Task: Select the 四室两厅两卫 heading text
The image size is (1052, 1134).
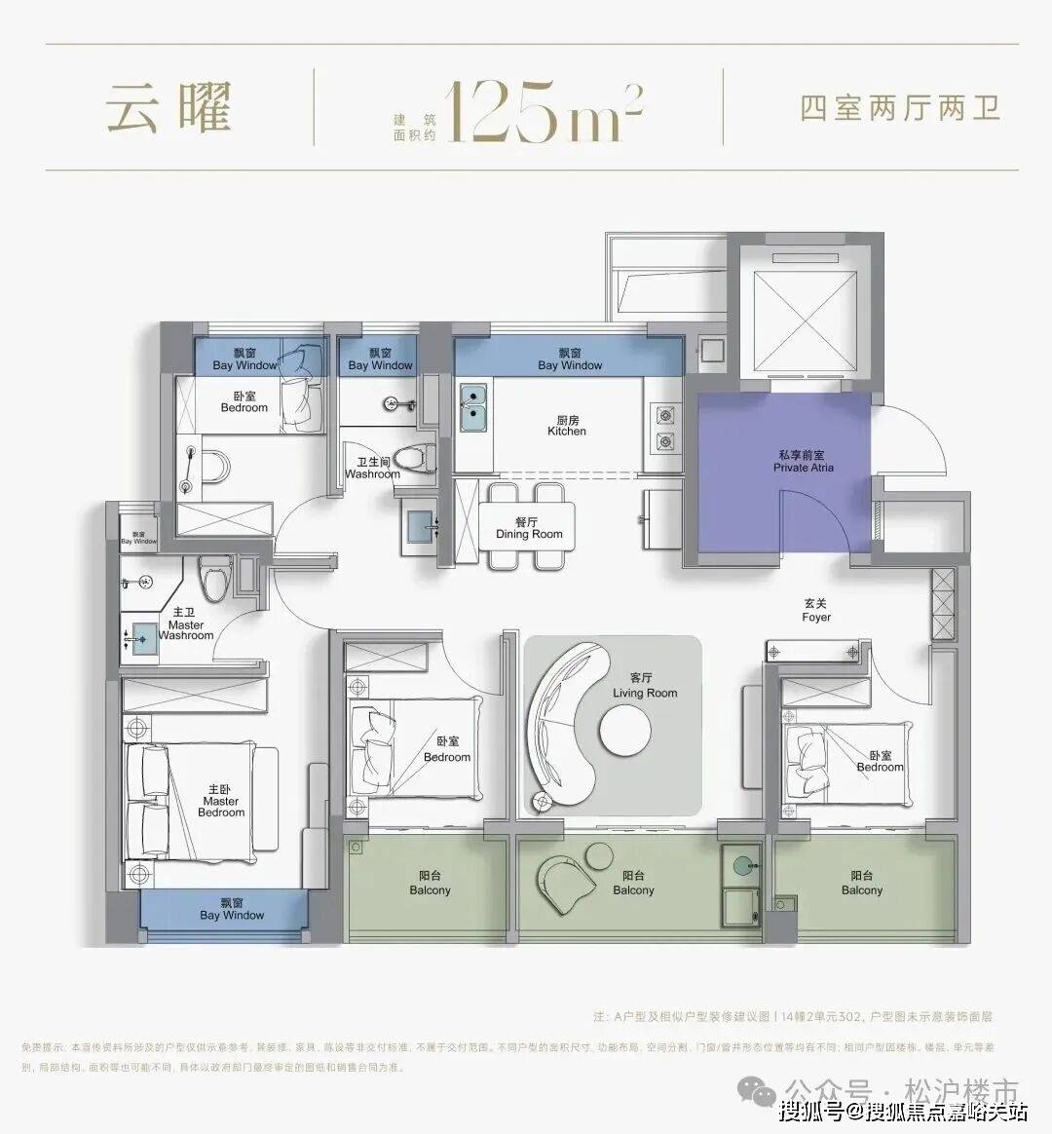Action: pos(900,107)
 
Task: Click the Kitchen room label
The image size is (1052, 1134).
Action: pos(567,425)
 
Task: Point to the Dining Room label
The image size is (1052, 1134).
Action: pos(529,528)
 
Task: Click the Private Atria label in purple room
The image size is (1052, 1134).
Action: pos(804,462)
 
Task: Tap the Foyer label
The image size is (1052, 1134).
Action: pos(816,611)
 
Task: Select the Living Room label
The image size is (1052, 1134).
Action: pos(644,686)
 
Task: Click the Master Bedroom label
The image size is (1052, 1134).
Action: pos(221,801)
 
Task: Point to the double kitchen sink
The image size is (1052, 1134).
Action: pos(474,408)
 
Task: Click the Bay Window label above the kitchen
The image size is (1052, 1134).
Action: pos(570,359)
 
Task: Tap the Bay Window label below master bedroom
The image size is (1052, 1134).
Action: pos(232,909)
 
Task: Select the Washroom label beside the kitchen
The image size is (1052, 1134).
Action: pos(373,469)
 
